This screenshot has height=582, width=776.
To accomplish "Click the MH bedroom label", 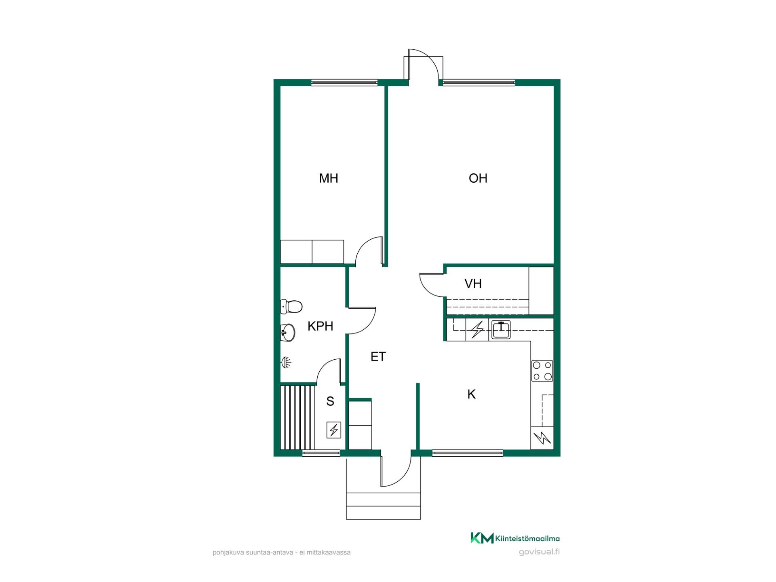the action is (328, 178).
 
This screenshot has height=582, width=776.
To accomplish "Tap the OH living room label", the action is (478, 178).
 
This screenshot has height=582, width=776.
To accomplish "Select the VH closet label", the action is (473, 284).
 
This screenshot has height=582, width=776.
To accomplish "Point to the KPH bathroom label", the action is (320, 326).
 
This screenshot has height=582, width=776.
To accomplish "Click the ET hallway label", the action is (378, 356).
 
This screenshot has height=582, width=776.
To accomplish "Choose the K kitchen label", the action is (471, 394).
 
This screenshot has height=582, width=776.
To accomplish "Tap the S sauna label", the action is (330, 401).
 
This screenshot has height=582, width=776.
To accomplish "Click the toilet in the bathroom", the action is (291, 307).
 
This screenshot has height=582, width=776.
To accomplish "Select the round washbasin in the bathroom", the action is (288, 333).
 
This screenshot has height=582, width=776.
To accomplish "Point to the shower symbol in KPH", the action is (286, 363).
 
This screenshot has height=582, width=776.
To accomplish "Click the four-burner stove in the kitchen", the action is (542, 371).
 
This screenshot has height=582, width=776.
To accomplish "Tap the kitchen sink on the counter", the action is (501, 330).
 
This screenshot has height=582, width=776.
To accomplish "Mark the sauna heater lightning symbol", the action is (333, 430).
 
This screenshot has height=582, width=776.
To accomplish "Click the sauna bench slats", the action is (297, 417).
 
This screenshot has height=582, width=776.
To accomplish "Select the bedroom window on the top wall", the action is (344, 83).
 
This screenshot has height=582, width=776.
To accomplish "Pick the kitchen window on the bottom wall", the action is (468, 453).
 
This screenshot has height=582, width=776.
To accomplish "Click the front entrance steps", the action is (384, 506).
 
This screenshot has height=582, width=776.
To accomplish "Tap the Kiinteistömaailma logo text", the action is (527, 538).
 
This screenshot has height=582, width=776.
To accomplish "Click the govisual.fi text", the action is (539, 552).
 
